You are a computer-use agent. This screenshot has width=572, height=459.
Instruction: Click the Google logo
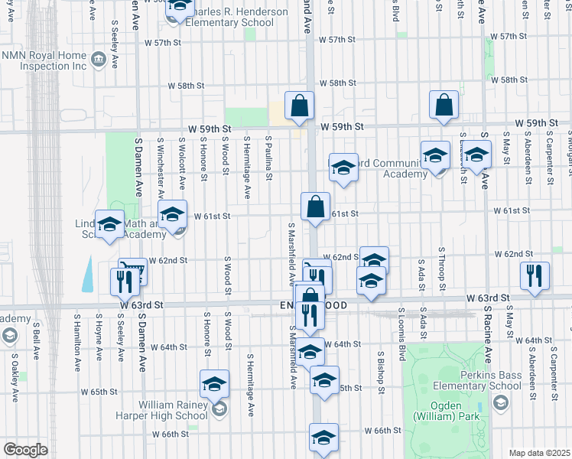coord(26,450)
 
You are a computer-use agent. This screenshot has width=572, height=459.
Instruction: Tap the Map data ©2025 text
coord(539,453)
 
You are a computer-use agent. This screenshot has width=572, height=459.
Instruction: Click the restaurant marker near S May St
coord(535,275)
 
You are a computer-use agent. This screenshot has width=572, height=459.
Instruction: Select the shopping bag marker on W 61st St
coord(315,207)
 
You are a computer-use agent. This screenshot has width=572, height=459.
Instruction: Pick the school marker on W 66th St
coord(323,438)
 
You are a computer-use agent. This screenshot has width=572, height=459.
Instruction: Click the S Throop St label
coord(442,269)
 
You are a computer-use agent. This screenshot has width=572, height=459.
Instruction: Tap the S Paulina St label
coord(268,159)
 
